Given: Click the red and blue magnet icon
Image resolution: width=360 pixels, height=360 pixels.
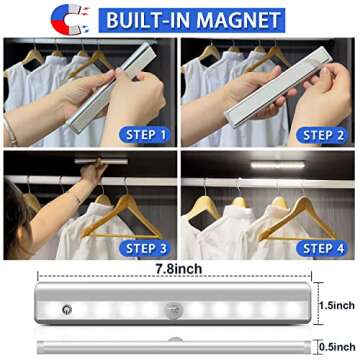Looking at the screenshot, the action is [67, 19].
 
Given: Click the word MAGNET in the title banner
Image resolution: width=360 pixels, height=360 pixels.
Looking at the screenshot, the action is [238, 20].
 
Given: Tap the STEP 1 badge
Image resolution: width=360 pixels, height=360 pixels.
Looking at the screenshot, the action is [144, 135].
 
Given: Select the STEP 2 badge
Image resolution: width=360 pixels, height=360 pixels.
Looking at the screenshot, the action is [322, 135].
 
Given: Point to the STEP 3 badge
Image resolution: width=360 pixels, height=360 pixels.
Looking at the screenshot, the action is [144, 248].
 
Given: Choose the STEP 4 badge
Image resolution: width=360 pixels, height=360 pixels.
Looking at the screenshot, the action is [322, 248].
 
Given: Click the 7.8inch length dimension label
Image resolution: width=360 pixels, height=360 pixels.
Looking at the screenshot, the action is [179, 269].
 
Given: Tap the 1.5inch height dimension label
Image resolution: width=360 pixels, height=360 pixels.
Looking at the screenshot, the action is [337, 305].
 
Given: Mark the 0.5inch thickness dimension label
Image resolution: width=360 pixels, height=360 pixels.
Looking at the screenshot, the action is [337, 347].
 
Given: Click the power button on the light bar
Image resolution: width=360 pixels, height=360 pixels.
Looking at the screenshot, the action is [67, 309].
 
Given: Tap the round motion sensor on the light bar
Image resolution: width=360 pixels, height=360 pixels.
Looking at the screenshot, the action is [172, 309].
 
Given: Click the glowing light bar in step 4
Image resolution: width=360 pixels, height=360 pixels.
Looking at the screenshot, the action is [277, 165].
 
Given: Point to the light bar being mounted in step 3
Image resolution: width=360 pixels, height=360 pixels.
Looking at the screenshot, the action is [101, 161].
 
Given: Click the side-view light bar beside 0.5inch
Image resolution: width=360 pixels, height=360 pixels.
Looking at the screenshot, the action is [174, 347].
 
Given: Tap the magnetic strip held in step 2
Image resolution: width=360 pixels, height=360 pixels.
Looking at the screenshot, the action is [279, 87].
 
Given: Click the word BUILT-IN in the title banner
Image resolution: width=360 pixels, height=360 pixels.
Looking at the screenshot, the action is [148, 20].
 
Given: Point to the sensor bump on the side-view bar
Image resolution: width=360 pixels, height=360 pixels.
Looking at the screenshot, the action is [175, 339].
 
